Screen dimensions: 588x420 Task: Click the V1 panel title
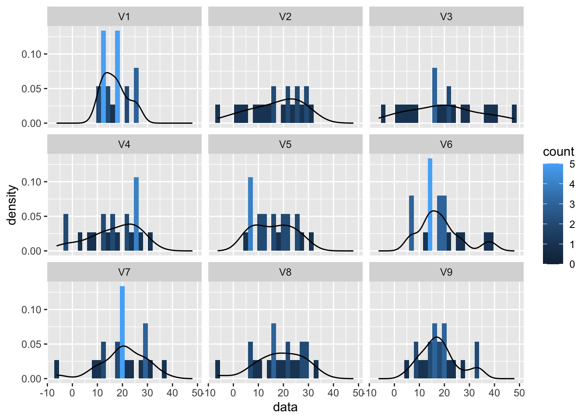click(124, 17)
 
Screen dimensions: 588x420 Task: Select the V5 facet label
click(285, 144)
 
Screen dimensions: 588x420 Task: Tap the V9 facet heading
click(446, 272)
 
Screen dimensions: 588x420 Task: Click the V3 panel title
click(446, 17)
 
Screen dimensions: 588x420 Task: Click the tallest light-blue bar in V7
click(122, 332)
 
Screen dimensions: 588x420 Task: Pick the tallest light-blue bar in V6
click(430, 204)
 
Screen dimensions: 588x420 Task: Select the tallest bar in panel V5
click(250, 214)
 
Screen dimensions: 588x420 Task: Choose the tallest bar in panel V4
click(136, 214)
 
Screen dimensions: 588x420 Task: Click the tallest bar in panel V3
click(435, 95)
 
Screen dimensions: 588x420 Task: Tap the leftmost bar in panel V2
click(217, 114)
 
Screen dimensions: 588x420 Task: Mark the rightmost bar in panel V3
click(514, 114)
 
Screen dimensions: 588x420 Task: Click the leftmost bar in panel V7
click(57, 369)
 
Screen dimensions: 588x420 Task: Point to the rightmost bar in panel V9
click(477, 360)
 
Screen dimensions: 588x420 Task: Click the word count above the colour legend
click(559, 152)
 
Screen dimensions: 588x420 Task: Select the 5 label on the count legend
click(572, 164)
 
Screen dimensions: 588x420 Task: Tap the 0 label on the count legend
click(572, 264)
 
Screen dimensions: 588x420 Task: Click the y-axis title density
click(12, 205)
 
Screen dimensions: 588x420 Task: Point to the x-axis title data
click(285, 407)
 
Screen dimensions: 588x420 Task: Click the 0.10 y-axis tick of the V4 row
click(31, 182)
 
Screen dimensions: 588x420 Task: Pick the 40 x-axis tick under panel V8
click(333, 393)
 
